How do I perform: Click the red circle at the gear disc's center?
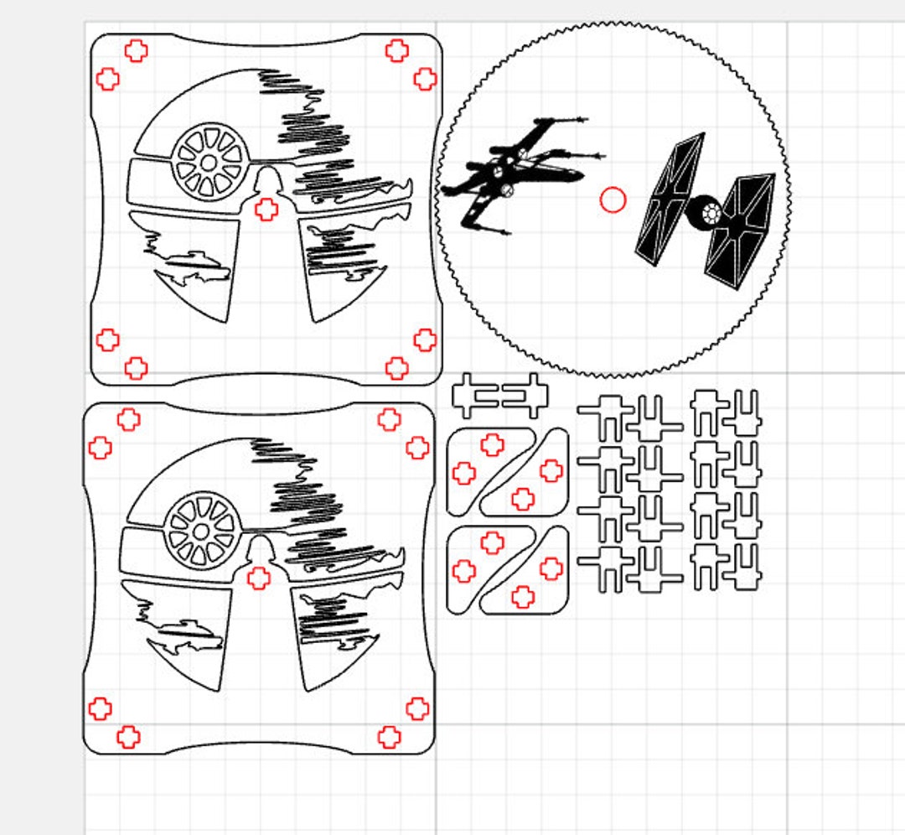tap(613, 200)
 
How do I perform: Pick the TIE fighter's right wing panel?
tap(740, 231)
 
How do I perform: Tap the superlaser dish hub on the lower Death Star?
tap(201, 529)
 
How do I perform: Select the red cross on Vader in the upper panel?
tap(266, 210)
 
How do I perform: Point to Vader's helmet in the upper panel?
tap(266, 179)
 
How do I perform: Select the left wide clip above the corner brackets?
tap(475, 396)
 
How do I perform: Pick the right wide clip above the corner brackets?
tap(525, 396)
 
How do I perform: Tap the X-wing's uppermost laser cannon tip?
tap(582, 120)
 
